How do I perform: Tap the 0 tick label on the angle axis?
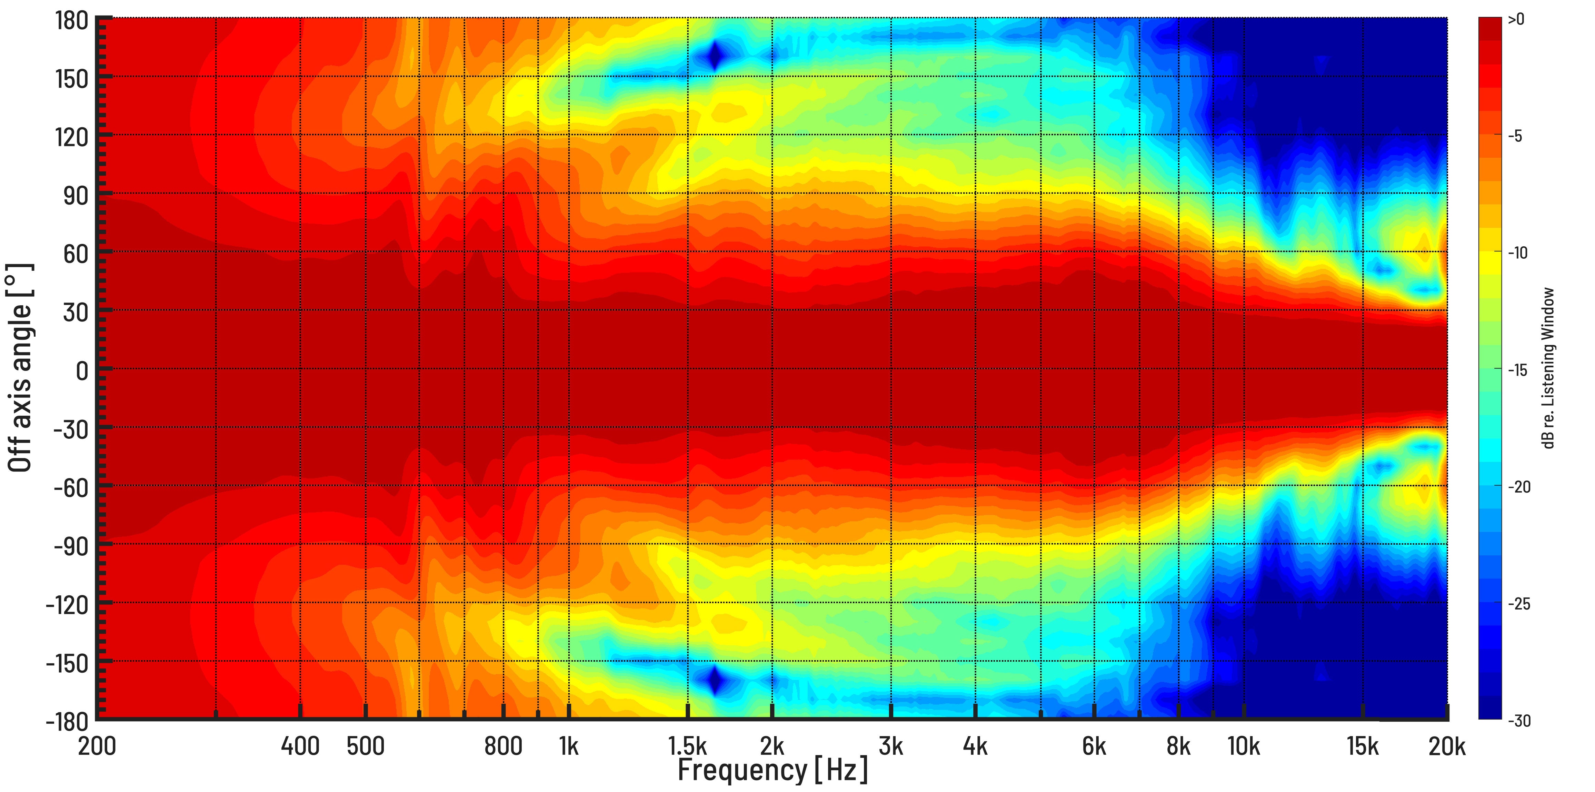tap(82, 371)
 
